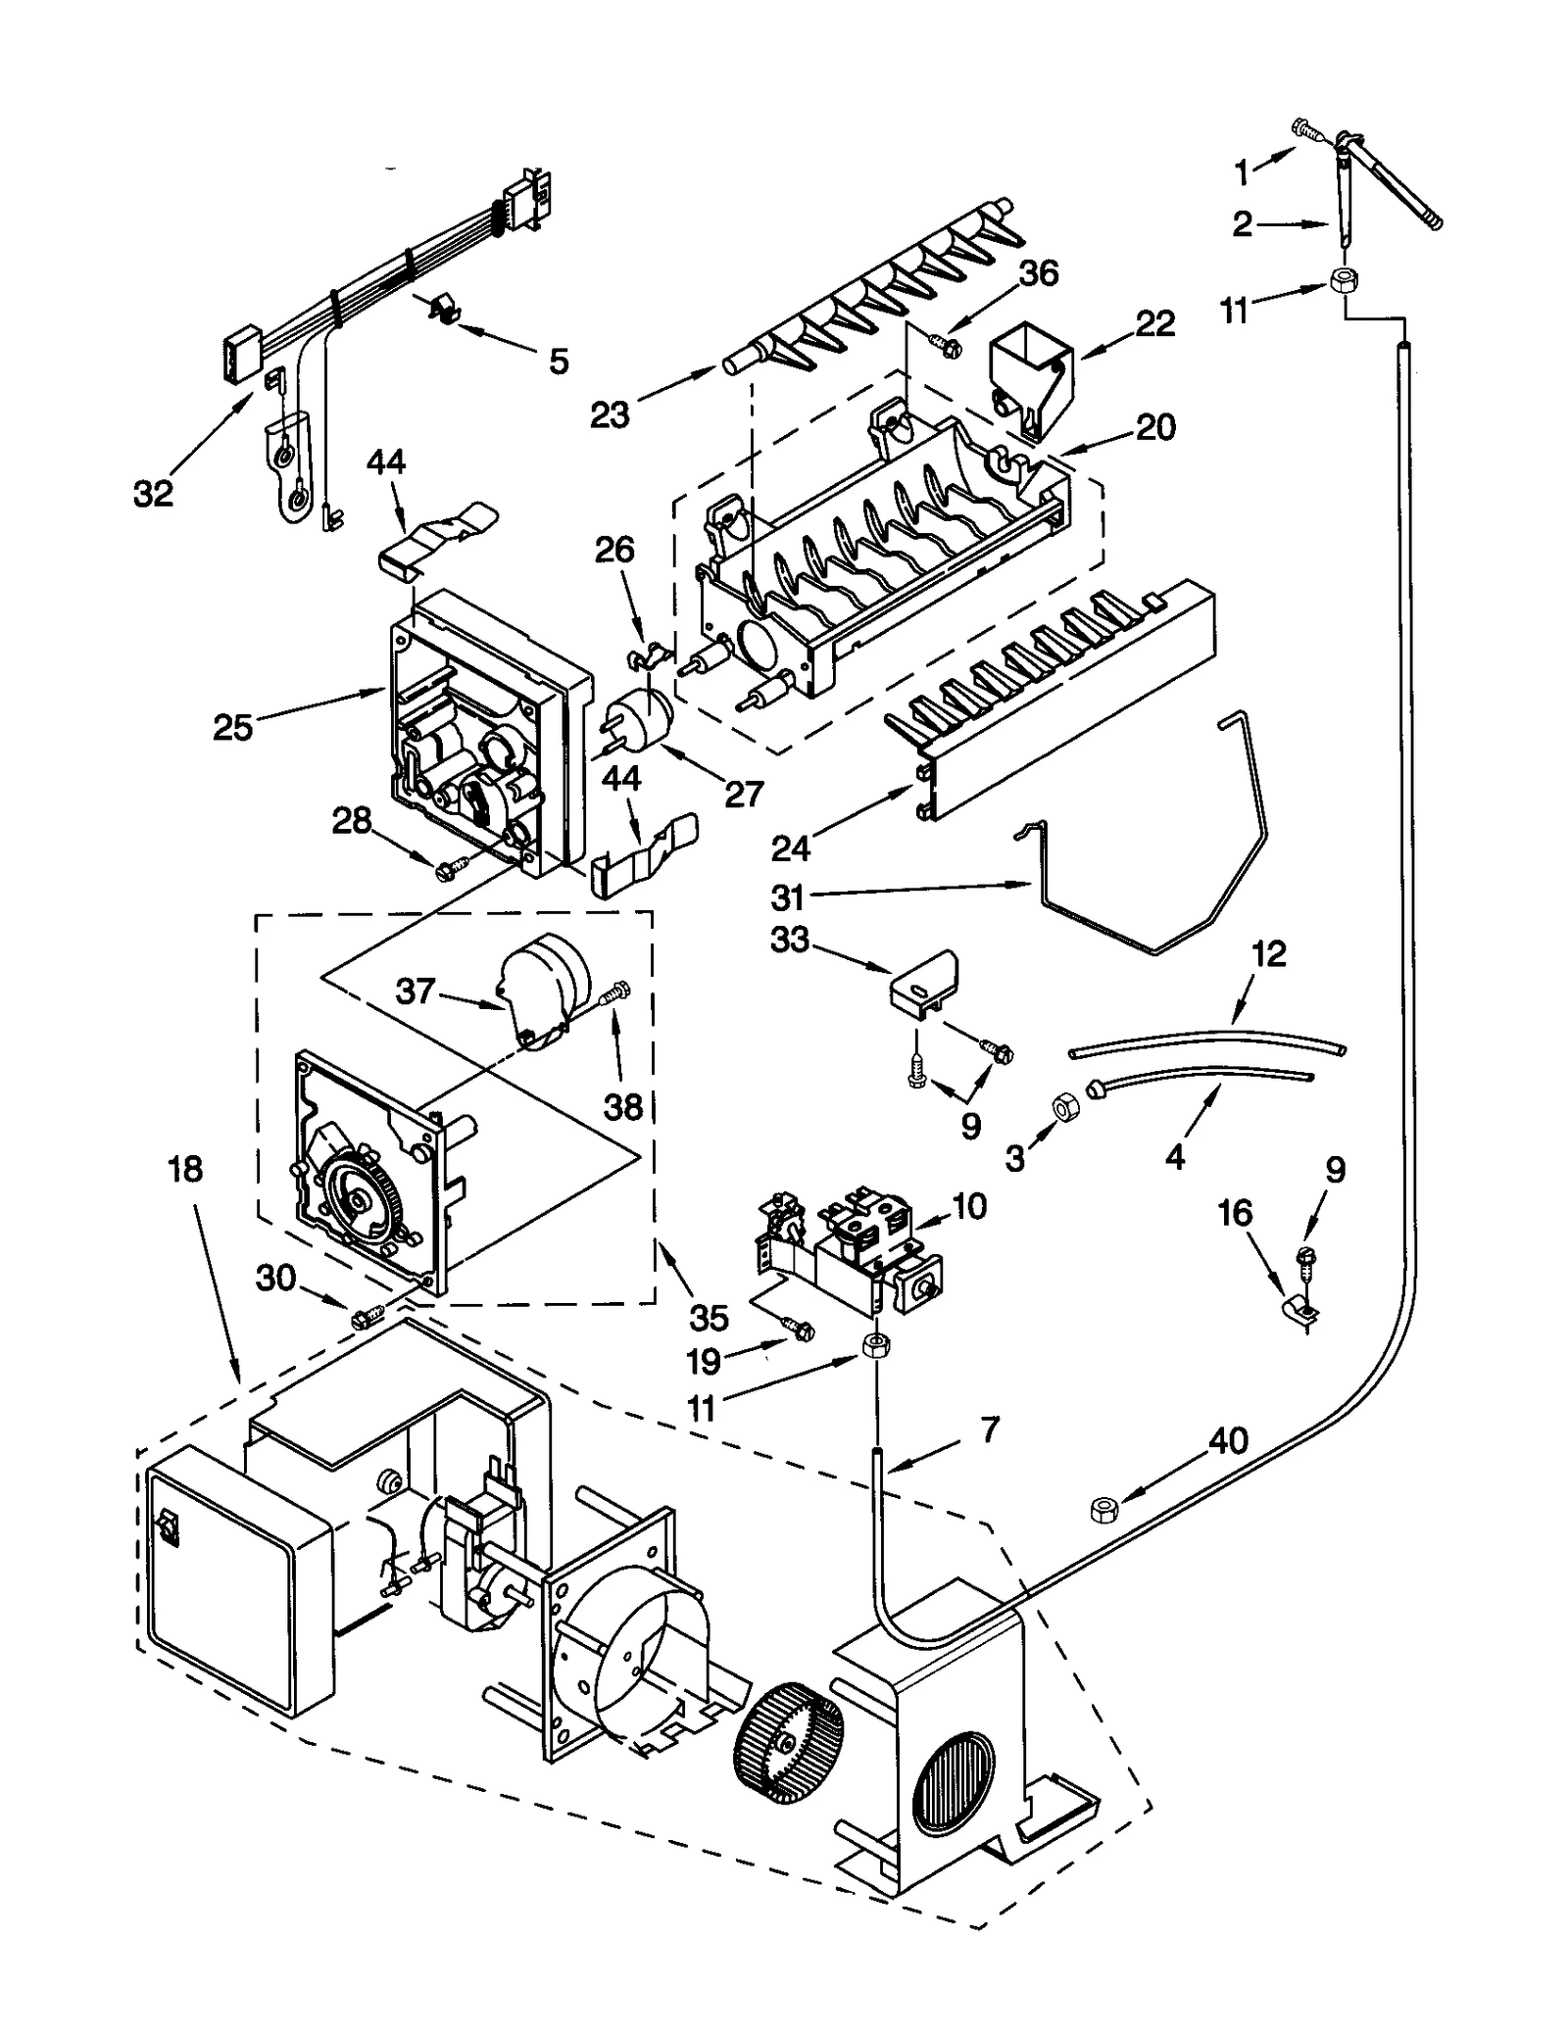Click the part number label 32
[153, 494]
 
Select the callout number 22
[1154, 323]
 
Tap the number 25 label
[232, 727]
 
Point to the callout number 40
[1228, 1439]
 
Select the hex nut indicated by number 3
[1061, 1106]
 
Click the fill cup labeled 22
[1028, 376]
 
